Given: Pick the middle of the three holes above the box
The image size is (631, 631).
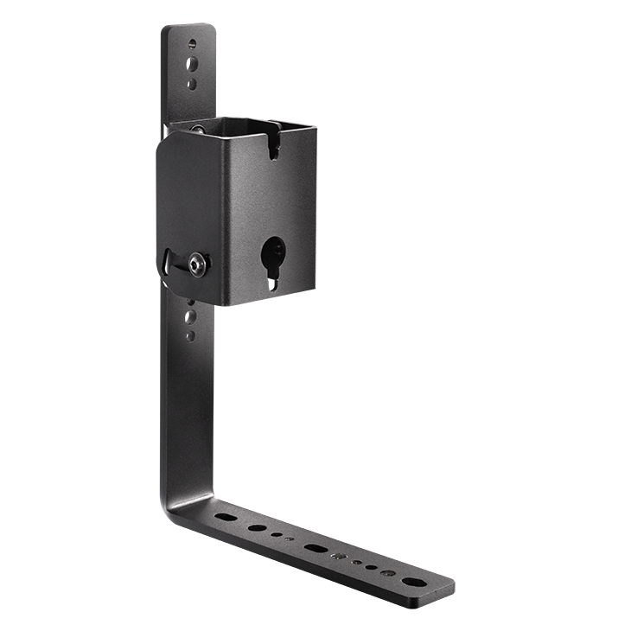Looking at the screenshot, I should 192,63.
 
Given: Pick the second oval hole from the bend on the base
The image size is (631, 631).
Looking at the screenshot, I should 257,526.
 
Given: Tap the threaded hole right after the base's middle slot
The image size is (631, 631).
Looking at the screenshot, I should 340,554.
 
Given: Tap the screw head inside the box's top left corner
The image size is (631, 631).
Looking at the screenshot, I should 200,130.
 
